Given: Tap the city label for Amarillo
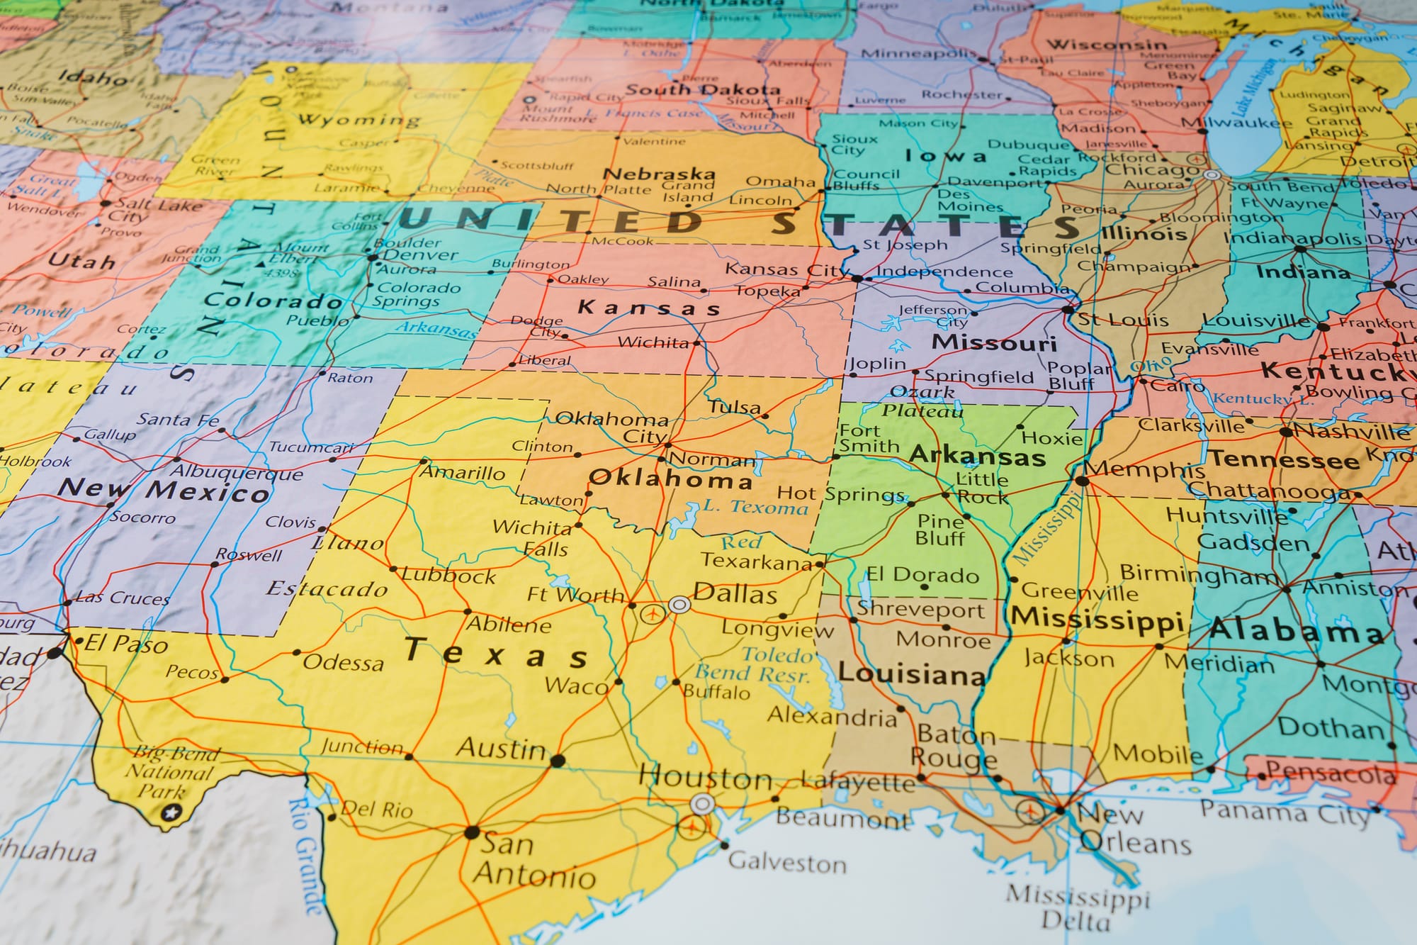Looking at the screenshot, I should pos(463,472).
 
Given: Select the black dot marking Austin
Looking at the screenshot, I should pos(558,761).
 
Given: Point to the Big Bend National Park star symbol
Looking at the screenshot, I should pos(169,813).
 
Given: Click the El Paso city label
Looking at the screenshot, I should pos(126,644).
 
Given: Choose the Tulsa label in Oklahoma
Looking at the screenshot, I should pos(735,407).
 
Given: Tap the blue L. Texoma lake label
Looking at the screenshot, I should pos(755,507).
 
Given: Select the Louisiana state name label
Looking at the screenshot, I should pos(911,673).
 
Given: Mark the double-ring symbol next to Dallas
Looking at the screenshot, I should pos(679,605).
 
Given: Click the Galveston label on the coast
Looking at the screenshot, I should pos(787,863).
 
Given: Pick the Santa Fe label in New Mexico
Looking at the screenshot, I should pos(178,420).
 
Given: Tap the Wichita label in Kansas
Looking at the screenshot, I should pos(653,343).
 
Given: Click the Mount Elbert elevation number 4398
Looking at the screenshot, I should pos(281,273).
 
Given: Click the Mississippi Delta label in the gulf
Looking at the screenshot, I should pos(1077,907).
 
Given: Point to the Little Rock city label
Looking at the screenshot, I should pos(982,488).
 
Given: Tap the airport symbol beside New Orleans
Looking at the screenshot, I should pos(1029,810).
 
